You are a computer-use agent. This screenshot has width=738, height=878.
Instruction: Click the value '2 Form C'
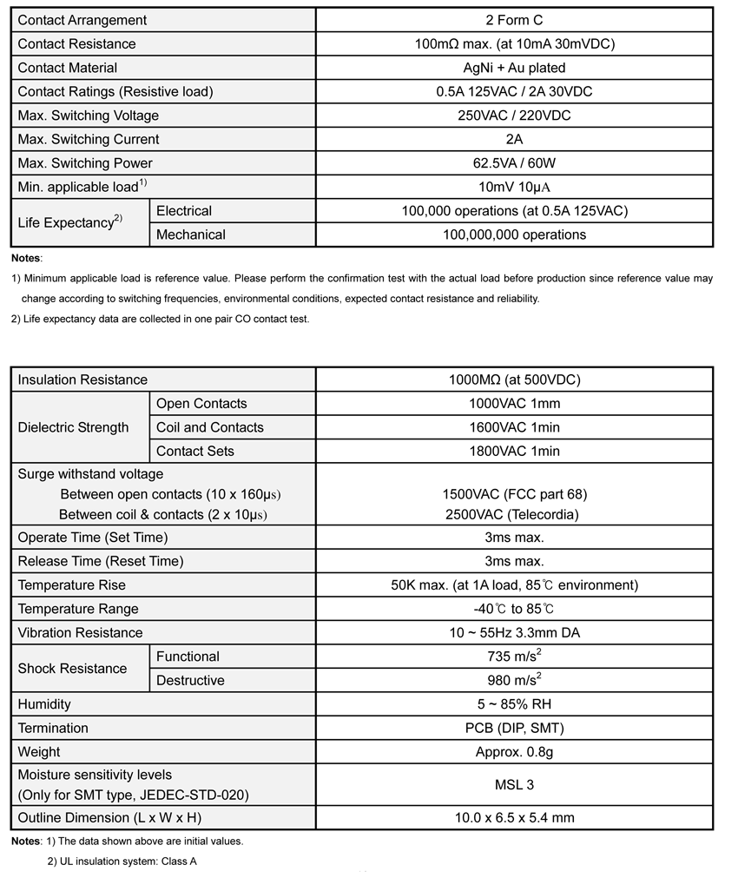click(514, 20)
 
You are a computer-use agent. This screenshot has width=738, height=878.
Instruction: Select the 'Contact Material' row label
click(68, 68)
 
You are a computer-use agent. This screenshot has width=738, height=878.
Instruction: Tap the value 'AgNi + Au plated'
click(514, 68)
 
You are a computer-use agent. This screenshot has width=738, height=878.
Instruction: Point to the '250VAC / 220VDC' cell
click(514, 116)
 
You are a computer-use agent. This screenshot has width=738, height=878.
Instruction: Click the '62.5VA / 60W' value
click(514, 163)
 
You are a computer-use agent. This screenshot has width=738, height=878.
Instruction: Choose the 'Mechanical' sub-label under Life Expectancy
click(191, 234)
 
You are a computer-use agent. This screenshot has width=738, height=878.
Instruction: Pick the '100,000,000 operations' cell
click(514, 234)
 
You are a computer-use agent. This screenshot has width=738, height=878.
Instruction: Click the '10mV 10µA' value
click(514, 187)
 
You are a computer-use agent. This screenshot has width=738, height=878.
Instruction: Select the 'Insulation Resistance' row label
click(82, 380)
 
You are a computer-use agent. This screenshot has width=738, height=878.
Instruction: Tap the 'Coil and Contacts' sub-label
click(210, 427)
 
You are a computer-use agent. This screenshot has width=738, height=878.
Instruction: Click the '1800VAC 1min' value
click(514, 451)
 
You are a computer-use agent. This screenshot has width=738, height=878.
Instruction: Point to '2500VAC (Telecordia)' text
click(514, 514)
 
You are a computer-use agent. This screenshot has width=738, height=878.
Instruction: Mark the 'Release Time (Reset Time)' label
click(101, 561)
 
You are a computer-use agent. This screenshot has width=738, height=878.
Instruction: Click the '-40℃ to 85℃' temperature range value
click(514, 609)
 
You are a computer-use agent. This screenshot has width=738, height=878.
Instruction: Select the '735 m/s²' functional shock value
click(514, 657)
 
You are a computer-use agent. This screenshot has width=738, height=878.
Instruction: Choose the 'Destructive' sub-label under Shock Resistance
click(190, 680)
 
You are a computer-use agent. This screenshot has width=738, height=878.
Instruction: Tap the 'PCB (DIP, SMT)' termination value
click(514, 728)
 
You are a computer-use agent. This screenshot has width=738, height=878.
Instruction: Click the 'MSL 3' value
click(514, 784)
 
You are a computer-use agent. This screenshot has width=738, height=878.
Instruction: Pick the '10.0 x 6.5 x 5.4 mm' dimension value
click(514, 817)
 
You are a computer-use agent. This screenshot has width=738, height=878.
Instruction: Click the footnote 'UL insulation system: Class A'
click(122, 861)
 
